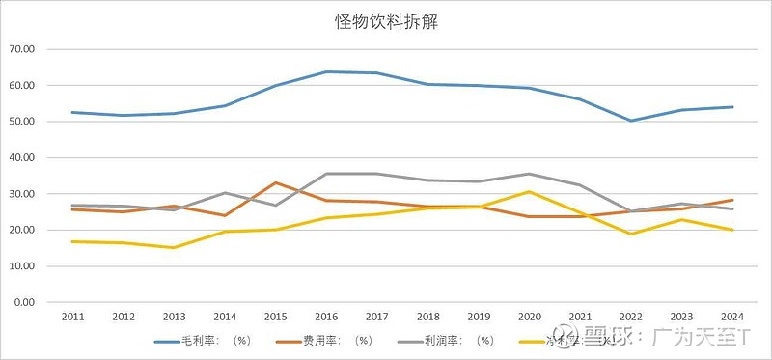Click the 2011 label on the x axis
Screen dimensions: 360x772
click(x=72, y=316)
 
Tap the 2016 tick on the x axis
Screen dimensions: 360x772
click(x=327, y=316)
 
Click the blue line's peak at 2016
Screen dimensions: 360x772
click(x=327, y=71)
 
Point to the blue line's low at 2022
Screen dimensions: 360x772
click(x=632, y=121)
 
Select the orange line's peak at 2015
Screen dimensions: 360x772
click(x=276, y=182)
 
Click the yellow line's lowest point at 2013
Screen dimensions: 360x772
click(x=174, y=247)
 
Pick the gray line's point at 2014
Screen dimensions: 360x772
click(x=225, y=193)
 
